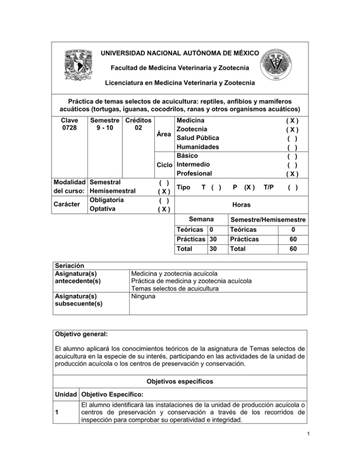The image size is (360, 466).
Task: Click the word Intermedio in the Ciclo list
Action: (x=195, y=165)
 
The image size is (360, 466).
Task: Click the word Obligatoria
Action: (x=106, y=200)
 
